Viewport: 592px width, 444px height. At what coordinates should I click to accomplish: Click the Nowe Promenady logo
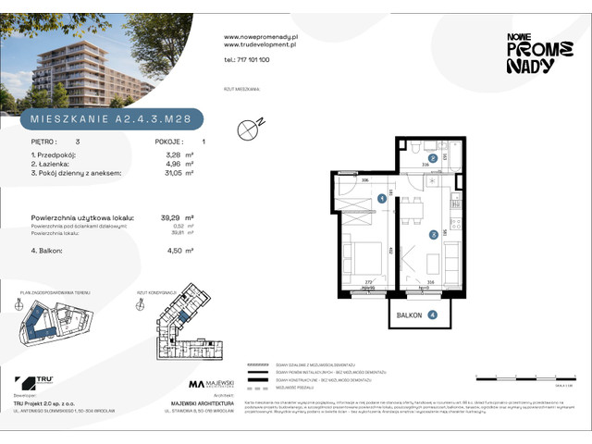[x=531, y=52]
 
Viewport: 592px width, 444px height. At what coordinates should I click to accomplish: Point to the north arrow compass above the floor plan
[x=248, y=130]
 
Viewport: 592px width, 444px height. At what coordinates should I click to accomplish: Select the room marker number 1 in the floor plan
[x=381, y=197]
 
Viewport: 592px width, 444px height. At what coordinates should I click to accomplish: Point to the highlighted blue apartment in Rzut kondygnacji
[x=184, y=316]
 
